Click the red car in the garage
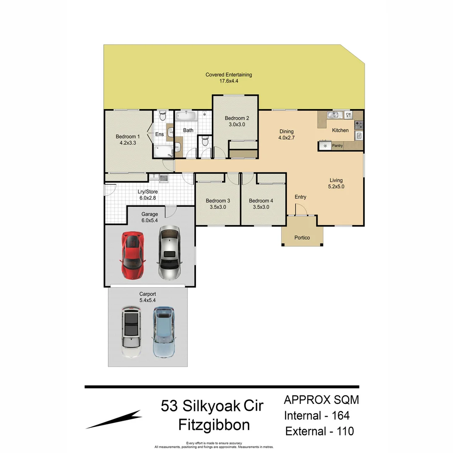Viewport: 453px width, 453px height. pos(133,255)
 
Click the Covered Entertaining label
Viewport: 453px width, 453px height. pos(229,75)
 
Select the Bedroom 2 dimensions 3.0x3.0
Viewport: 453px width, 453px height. pos(237,125)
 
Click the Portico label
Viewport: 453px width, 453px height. pos(302,238)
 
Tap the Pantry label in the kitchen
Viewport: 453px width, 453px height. pos(337,146)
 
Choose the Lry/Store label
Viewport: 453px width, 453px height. pos(148,192)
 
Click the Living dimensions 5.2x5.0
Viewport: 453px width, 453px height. pos(336,187)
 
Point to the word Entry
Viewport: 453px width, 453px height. pos(300,197)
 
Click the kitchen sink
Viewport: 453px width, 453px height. pos(336,115)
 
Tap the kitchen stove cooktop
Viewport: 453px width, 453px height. pos(359,125)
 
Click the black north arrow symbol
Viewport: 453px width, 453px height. pos(114,419)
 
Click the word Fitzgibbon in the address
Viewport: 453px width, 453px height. pos(214,425)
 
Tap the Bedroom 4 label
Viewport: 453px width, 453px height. pos(261,200)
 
